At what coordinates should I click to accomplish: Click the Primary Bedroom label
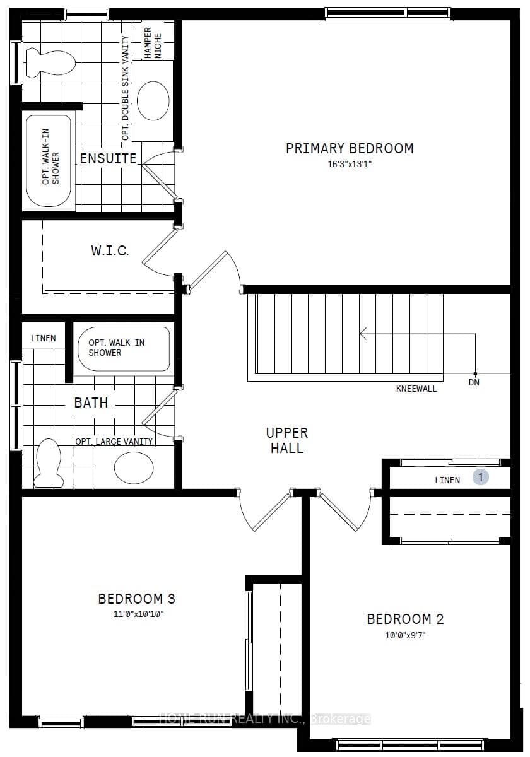click(350, 148)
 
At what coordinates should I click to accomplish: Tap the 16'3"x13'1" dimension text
click(350, 164)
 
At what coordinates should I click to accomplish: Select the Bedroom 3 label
click(136, 599)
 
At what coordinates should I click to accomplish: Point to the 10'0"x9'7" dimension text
click(405, 635)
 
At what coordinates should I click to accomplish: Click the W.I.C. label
click(110, 250)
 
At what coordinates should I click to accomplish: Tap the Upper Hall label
click(287, 440)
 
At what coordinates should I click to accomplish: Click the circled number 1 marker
click(480, 478)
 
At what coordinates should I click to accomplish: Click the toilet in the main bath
click(49, 462)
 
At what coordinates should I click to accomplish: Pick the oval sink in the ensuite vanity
click(153, 100)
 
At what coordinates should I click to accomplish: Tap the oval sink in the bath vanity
click(134, 467)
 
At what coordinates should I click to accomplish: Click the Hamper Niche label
click(153, 44)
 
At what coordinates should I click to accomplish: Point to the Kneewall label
click(416, 389)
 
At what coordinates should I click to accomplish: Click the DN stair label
click(474, 382)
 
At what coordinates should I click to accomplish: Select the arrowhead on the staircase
click(363, 334)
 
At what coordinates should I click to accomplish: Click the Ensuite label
click(108, 158)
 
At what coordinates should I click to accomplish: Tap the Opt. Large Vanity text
click(114, 442)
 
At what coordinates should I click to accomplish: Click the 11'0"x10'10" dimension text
click(138, 613)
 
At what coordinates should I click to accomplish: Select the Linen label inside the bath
click(44, 338)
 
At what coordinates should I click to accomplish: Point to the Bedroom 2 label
click(405, 619)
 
